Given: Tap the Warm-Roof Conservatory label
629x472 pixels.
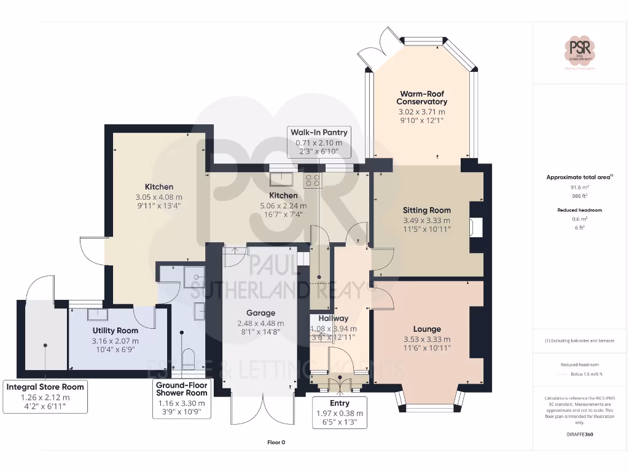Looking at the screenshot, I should click(x=421, y=98).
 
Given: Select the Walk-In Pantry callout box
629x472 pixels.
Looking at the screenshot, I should click(x=319, y=142).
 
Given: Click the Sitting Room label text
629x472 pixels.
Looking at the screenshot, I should click(x=426, y=210).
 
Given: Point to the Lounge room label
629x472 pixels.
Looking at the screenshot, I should click(x=426, y=329).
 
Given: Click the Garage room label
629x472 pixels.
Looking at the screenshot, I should click(x=260, y=313).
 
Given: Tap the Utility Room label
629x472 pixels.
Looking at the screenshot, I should click(x=115, y=331).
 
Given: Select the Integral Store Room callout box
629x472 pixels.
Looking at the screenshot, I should click(x=45, y=396).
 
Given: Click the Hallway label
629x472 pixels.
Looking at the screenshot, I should click(x=334, y=318).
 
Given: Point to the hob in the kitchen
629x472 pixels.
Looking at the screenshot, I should click(x=313, y=179).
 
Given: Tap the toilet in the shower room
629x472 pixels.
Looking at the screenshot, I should click(x=189, y=358).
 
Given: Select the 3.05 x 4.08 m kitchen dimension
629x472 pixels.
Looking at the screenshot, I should click(x=158, y=197).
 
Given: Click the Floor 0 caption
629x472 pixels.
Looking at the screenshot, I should click(x=276, y=442).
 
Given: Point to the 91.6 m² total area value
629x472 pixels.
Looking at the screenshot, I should click(x=580, y=187).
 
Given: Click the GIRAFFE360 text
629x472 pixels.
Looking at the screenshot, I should click(x=580, y=434).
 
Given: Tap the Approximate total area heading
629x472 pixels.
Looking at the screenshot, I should click(x=580, y=177).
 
